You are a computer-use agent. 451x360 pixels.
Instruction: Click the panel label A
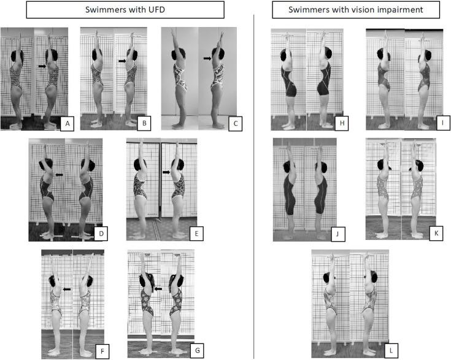coord(67,124)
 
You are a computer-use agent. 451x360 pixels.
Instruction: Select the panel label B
coord(144,123)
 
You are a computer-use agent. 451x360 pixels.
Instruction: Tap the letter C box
coord(235,124)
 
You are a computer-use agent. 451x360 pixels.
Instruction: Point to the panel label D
coord(101,234)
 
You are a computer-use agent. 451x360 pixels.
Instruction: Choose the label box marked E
coord(196,234)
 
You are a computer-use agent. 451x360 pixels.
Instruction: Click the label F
coord(102,351)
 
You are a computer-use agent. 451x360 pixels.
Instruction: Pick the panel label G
coord(198,351)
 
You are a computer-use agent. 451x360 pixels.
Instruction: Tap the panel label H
coord(342,123)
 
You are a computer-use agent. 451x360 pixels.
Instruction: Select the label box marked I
coord(442,123)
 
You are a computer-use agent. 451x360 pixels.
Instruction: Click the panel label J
coord(337,234)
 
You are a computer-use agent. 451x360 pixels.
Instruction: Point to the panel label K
coord(436,233)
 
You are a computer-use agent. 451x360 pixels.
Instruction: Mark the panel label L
coord(391,351)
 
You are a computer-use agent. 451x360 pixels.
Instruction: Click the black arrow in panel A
coord(42,66)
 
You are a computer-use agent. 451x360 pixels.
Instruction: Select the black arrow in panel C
coord(207,58)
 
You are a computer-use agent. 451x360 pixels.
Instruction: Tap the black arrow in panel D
coord(60,175)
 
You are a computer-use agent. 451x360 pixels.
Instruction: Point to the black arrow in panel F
coord(67,289)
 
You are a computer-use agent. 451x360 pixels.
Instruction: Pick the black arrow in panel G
coord(158,289)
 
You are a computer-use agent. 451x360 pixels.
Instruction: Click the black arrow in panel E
coord(166,172)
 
